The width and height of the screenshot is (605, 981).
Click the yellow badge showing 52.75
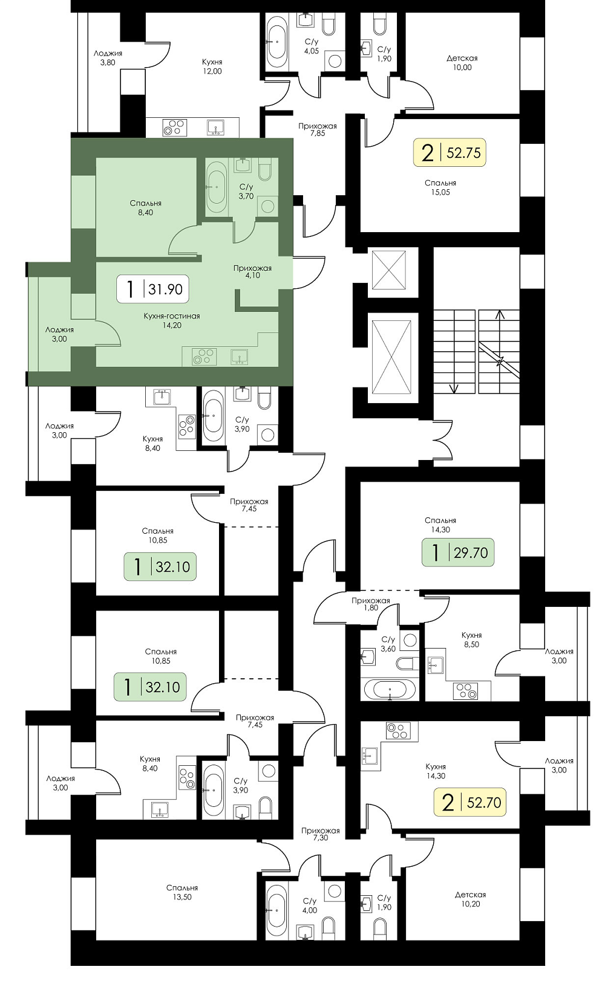pos(450,153)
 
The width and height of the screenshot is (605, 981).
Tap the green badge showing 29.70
pos(458,552)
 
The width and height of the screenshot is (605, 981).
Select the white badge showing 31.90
pos(152,289)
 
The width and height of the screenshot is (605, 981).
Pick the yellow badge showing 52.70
pos(469,802)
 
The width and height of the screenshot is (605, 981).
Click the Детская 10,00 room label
pos(462,63)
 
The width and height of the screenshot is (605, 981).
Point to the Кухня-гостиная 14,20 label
pos(171,320)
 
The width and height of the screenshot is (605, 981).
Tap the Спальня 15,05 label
pos(440,187)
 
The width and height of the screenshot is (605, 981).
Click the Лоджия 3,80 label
pos(108,58)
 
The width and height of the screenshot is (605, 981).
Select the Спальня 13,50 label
pos(182,892)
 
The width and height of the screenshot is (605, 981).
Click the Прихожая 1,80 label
pos(370,604)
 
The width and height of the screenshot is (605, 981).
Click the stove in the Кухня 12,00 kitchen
pos(174,127)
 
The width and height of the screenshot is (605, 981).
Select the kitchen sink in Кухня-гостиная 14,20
pos(240,357)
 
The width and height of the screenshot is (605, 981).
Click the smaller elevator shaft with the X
pos(388,270)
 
